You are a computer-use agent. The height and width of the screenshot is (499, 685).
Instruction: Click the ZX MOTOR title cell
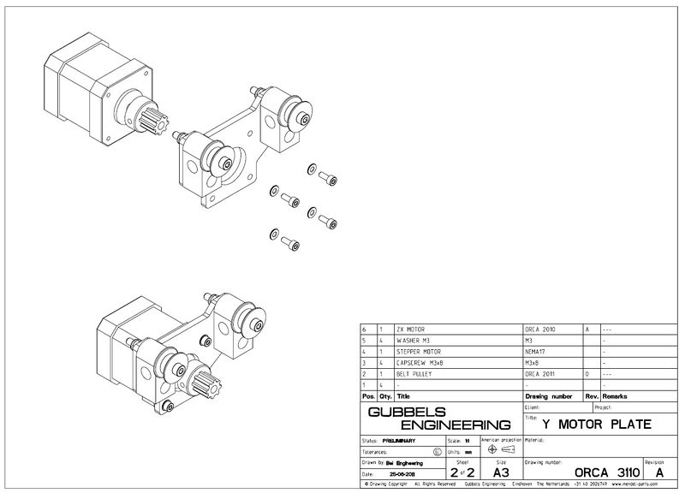[x=411, y=329]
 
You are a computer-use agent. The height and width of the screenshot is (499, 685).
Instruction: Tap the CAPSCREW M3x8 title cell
[x=420, y=362]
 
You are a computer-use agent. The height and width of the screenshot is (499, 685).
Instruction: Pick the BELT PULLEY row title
[x=414, y=373]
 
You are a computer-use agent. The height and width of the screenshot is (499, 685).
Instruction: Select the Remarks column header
[x=615, y=396]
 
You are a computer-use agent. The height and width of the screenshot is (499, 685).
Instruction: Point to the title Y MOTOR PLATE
[x=597, y=424]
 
